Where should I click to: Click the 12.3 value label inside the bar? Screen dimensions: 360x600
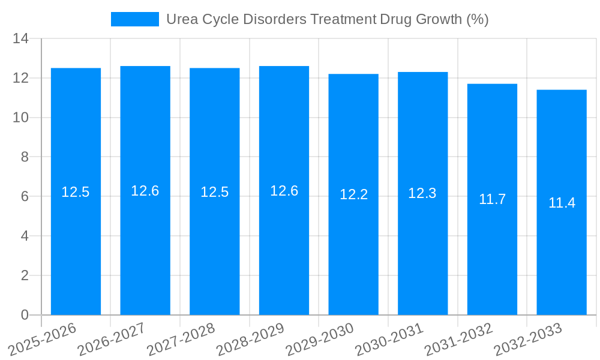click(x=422, y=193)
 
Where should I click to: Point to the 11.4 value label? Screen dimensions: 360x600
click(x=562, y=203)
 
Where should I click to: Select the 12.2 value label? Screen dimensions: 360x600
click(x=353, y=194)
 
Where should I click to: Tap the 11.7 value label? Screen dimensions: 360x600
click(x=492, y=199)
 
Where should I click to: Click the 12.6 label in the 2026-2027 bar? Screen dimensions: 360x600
click(x=145, y=191)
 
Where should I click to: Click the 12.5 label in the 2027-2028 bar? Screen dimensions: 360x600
click(x=215, y=192)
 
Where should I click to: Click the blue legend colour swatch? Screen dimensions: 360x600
click(x=135, y=19)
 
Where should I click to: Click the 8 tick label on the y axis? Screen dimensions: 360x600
click(x=25, y=157)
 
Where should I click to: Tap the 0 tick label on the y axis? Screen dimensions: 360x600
click(x=25, y=315)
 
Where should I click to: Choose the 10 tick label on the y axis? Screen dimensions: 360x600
click(x=21, y=118)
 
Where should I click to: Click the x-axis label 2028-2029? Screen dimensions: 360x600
click(x=250, y=339)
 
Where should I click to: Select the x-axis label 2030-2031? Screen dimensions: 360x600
click(x=389, y=339)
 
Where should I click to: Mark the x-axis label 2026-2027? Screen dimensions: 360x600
click(x=112, y=339)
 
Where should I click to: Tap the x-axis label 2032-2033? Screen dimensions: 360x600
click(x=528, y=339)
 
